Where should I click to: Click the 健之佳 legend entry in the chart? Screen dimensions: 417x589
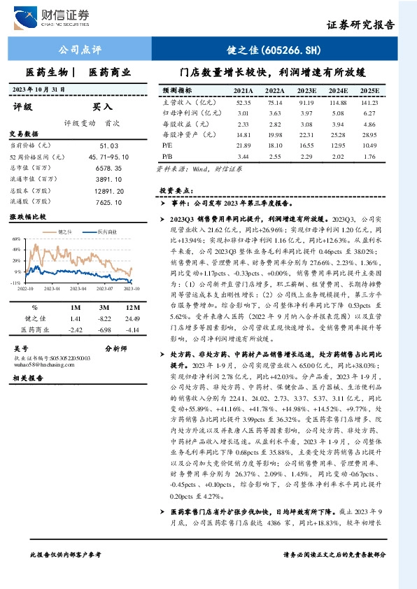[x=66, y=232]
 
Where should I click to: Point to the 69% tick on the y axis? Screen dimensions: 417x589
[x=16, y=239]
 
